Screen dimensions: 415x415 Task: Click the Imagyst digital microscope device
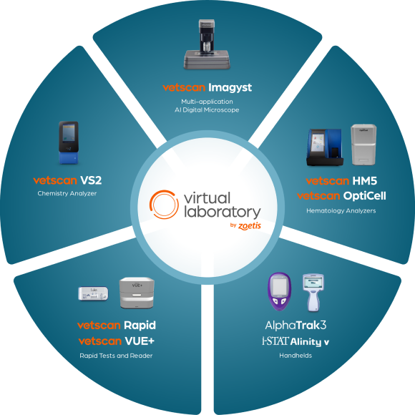207,44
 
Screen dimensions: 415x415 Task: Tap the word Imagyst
230,88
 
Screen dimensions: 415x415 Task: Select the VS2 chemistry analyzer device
69,142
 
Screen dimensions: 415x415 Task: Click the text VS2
91,180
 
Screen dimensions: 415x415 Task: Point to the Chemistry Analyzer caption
67,193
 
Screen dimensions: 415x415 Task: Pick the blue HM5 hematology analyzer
324,147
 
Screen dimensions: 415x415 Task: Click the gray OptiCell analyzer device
363,145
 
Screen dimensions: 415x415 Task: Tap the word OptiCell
364,196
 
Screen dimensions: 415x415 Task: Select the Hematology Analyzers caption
341,211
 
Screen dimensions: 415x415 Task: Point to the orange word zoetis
250,226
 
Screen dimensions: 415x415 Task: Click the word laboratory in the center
223,213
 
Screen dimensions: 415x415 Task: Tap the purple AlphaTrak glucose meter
280,291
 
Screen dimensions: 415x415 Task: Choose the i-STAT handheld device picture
313,293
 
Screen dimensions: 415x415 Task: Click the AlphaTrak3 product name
296,326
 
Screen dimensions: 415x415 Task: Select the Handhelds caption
296,356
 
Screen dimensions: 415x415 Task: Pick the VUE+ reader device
137,293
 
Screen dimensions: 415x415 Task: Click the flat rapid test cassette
93,293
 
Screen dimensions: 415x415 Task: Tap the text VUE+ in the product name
140,341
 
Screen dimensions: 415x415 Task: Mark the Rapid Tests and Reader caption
116,356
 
